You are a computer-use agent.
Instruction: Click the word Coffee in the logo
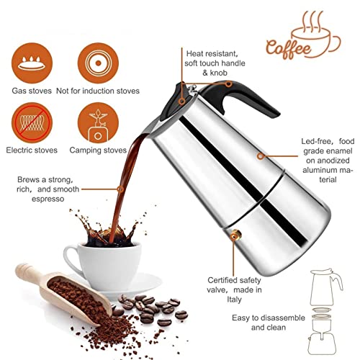point(289,48)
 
